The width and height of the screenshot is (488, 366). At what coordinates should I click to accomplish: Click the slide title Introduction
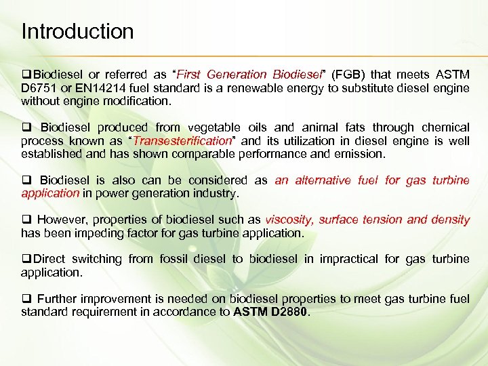(x=77, y=31)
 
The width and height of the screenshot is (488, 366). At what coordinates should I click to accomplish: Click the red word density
(x=450, y=220)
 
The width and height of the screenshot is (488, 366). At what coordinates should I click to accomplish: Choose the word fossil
(x=178, y=259)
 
